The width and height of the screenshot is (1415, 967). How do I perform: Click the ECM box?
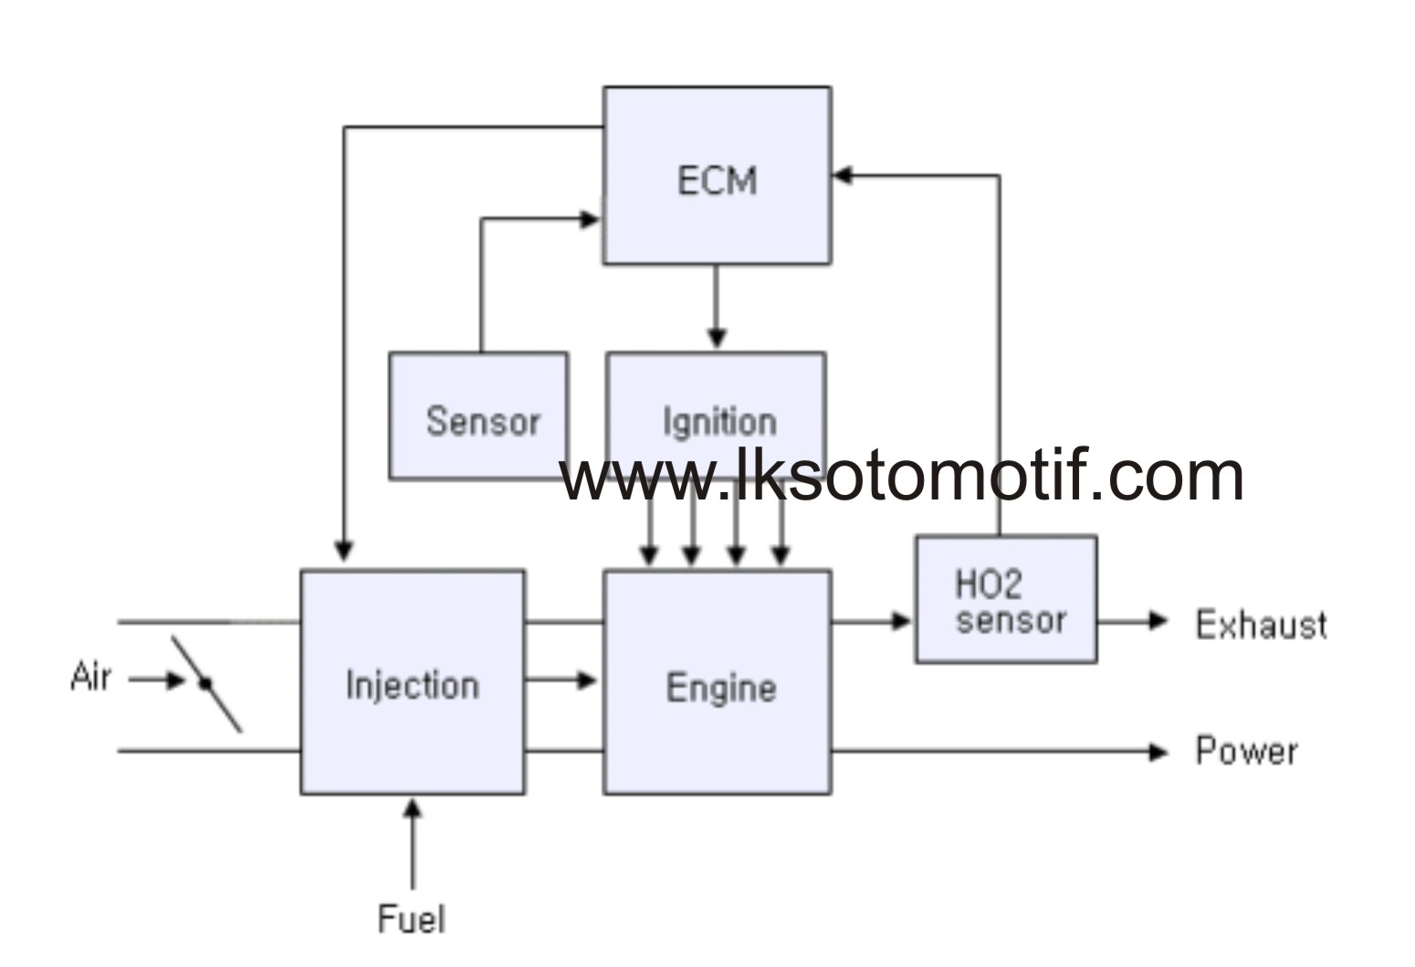[717, 176]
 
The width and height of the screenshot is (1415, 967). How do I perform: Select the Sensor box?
[478, 416]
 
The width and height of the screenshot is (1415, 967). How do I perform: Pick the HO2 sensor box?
[1006, 599]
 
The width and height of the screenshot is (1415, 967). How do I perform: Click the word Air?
[90, 678]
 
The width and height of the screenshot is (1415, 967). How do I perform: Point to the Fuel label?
[412, 918]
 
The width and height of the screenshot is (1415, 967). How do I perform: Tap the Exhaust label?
[1261, 625]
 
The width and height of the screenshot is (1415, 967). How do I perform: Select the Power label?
[1246, 751]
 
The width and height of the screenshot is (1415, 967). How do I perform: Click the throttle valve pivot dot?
[205, 682]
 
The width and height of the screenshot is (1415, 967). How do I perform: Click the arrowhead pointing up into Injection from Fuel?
[413, 809]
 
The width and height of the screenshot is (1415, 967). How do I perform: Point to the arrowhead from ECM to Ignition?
[717, 339]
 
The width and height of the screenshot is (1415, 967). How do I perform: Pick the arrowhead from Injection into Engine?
[587, 680]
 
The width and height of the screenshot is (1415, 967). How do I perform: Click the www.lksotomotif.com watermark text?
[901, 476]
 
